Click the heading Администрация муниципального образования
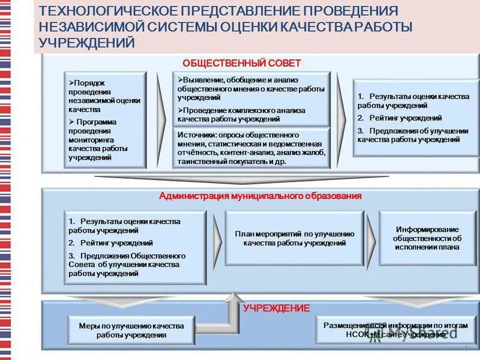(260, 196)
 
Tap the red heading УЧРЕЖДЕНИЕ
(277, 308)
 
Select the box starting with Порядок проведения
(106, 120)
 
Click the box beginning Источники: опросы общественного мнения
(251, 148)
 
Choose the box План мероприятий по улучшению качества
(294, 238)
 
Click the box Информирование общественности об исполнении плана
(427, 238)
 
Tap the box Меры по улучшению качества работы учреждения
(131, 330)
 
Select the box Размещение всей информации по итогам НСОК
(395, 329)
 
